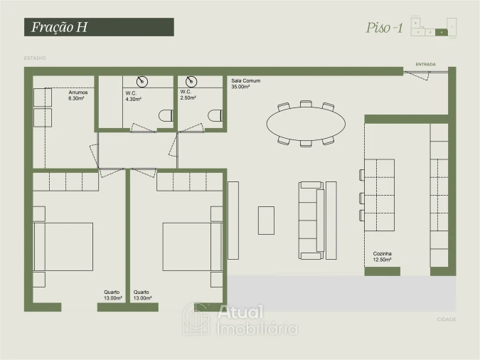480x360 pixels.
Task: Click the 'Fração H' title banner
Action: (99, 28)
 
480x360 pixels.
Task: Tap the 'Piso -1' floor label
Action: (385, 28)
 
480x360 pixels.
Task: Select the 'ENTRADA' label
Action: (426, 63)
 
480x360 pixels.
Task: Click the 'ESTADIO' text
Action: (35, 58)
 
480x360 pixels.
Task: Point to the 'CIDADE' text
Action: (447, 319)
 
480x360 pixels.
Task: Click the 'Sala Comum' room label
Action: (246, 81)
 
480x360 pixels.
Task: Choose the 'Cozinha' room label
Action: (383, 253)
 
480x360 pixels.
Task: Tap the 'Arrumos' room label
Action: (78, 92)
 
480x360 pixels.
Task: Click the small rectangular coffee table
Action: (266, 220)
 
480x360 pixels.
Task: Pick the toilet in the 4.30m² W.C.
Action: (166, 115)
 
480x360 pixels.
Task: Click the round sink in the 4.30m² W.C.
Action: (142, 81)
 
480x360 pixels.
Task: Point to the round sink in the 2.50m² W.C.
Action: (191, 81)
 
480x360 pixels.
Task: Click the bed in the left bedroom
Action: (64, 246)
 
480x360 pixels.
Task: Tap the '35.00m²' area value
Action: (241, 87)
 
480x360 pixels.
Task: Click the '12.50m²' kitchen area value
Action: (383, 260)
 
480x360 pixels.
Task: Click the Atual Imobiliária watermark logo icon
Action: (196, 319)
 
